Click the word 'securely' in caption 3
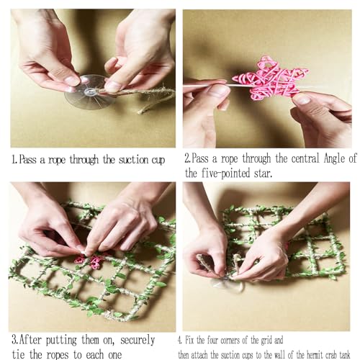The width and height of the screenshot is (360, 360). (x=138, y=341)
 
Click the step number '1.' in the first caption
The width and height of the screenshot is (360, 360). (x=14, y=160)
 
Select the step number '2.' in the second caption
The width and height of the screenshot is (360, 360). (x=188, y=158)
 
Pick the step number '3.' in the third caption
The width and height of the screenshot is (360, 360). (x=15, y=341)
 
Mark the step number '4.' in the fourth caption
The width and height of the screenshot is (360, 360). (x=180, y=341)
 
